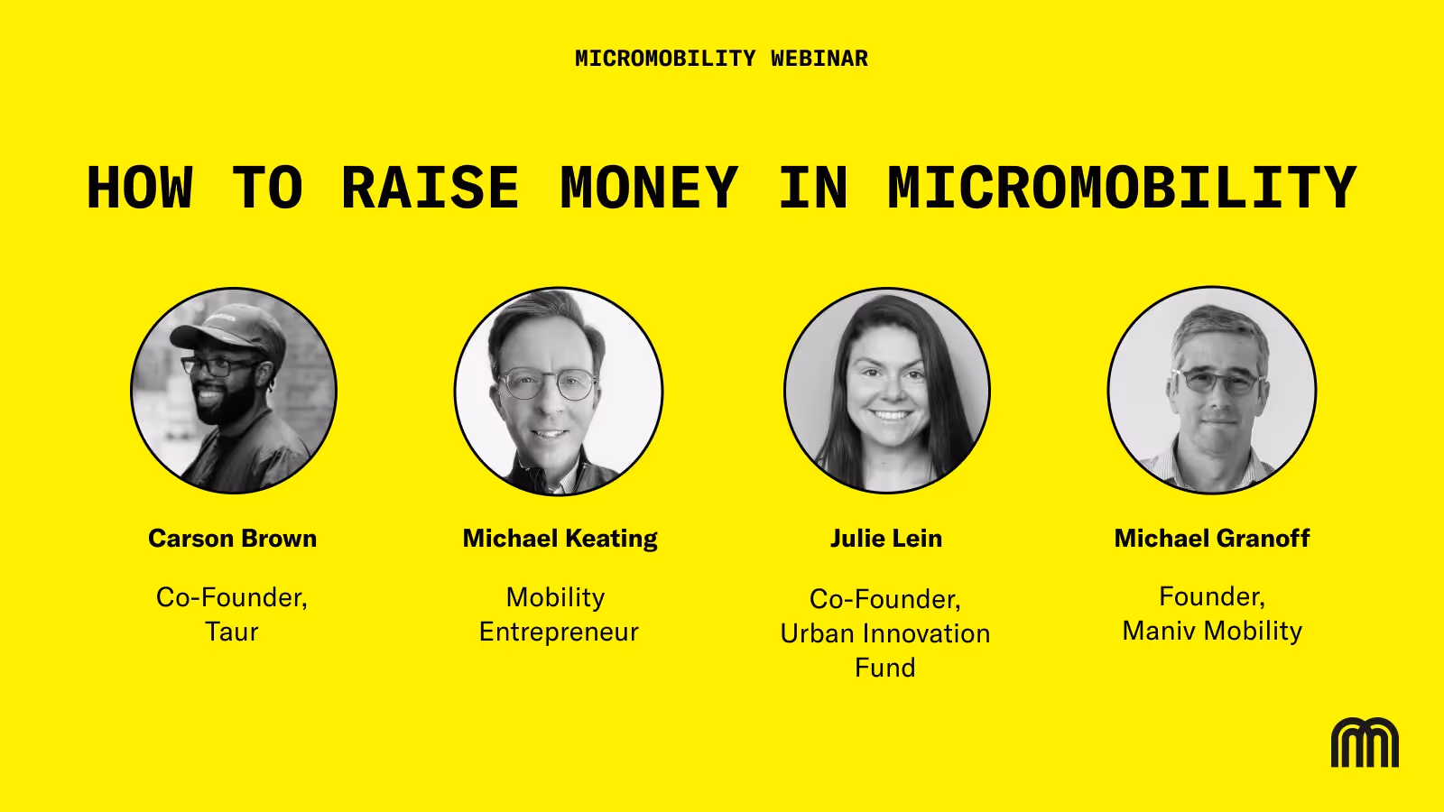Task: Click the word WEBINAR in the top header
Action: [819, 59]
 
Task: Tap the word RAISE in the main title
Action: [430, 188]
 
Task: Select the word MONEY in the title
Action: [649, 188]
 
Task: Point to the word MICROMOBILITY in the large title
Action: [1122, 188]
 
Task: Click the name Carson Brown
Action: [233, 538]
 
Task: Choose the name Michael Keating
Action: [560, 539]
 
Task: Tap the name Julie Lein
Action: [885, 538]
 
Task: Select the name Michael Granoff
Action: [1212, 538]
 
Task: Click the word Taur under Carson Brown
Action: [232, 632]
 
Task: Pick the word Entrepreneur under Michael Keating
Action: [559, 632]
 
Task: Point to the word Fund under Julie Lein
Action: [885, 668]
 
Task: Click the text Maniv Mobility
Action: [1212, 631]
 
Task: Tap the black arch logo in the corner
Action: [1365, 743]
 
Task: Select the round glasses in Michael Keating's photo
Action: [548, 384]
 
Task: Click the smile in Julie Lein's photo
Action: [890, 415]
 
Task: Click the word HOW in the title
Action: [140, 188]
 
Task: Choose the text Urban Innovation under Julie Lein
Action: [885, 633]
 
